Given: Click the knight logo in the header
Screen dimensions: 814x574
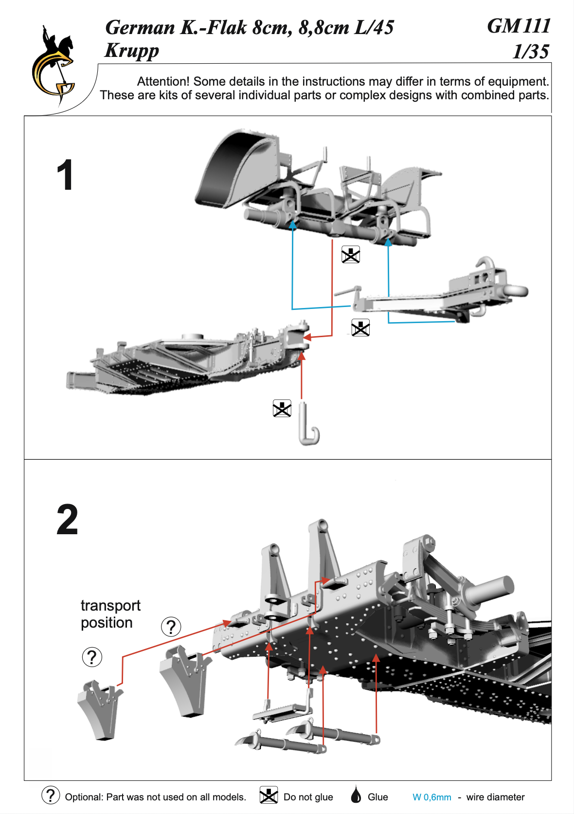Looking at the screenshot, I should tap(54, 66).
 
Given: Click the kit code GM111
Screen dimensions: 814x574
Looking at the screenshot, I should tap(519, 26).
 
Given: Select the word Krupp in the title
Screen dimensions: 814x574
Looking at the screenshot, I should tap(132, 51).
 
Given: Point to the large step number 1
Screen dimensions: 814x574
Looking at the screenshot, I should tap(65, 176).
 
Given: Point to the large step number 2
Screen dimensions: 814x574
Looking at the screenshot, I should tap(67, 520).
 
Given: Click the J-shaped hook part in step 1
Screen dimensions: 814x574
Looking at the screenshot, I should tap(308, 425).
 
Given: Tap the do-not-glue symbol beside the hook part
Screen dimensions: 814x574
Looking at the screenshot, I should tap(282, 409).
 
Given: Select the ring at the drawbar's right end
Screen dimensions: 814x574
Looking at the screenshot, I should tap(516, 291).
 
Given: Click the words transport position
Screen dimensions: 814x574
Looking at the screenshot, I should tap(110, 614).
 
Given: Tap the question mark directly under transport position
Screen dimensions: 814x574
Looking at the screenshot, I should tap(92, 657).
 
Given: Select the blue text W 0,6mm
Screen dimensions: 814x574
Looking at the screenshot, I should tap(431, 797).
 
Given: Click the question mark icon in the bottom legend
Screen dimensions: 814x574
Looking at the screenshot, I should tap(51, 796).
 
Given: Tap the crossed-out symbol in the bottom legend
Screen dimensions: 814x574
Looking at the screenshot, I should tap(269, 796).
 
